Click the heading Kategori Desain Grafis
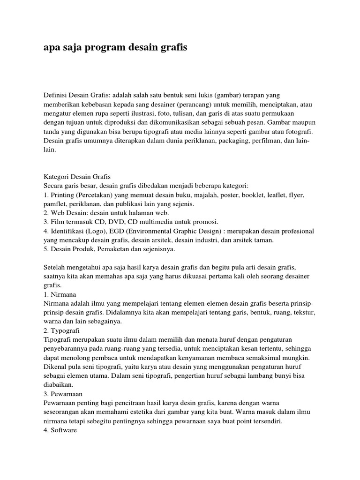point(76,176)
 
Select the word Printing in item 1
point(62,195)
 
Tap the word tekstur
point(304,312)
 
